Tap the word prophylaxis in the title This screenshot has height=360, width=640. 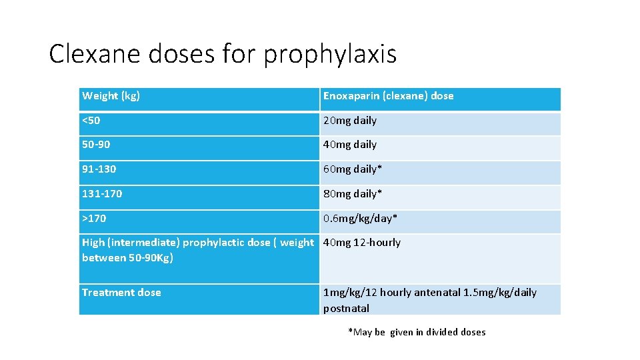pyautogui.click(x=330, y=55)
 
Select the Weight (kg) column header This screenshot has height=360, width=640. pyautogui.click(x=111, y=96)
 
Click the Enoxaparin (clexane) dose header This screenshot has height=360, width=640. pyautogui.click(x=388, y=96)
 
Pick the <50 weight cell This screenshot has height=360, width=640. pyautogui.click(x=91, y=121)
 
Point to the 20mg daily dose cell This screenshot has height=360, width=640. pyautogui.click(x=350, y=121)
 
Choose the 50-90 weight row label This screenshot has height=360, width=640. pyautogui.click(x=96, y=145)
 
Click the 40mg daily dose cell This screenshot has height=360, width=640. pyautogui.click(x=350, y=145)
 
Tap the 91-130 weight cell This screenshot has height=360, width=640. pyautogui.click(x=99, y=169)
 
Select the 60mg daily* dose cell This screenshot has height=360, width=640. pyautogui.click(x=353, y=169)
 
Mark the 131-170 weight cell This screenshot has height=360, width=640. pyautogui.click(x=102, y=194)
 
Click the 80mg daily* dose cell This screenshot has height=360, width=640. pyautogui.click(x=353, y=194)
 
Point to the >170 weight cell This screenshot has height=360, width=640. pyautogui.click(x=94, y=219)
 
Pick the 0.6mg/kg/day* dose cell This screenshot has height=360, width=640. pyautogui.click(x=361, y=219)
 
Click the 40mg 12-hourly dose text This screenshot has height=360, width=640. pyautogui.click(x=362, y=243)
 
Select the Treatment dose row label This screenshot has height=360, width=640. pyautogui.click(x=121, y=293)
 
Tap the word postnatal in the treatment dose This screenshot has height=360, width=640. pyautogui.click(x=346, y=309)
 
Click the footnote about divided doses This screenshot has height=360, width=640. pyautogui.click(x=417, y=332)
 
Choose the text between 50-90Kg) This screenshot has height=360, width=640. pyautogui.click(x=127, y=258)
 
